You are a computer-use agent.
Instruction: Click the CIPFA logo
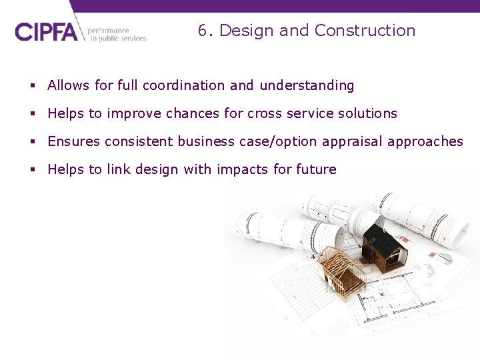(46, 32)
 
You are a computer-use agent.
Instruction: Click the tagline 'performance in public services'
(117, 35)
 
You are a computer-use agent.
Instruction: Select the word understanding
(307, 86)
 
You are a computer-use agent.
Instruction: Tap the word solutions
(366, 113)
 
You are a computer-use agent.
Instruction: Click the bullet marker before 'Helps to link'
(33, 170)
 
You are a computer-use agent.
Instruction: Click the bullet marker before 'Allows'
(33, 86)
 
